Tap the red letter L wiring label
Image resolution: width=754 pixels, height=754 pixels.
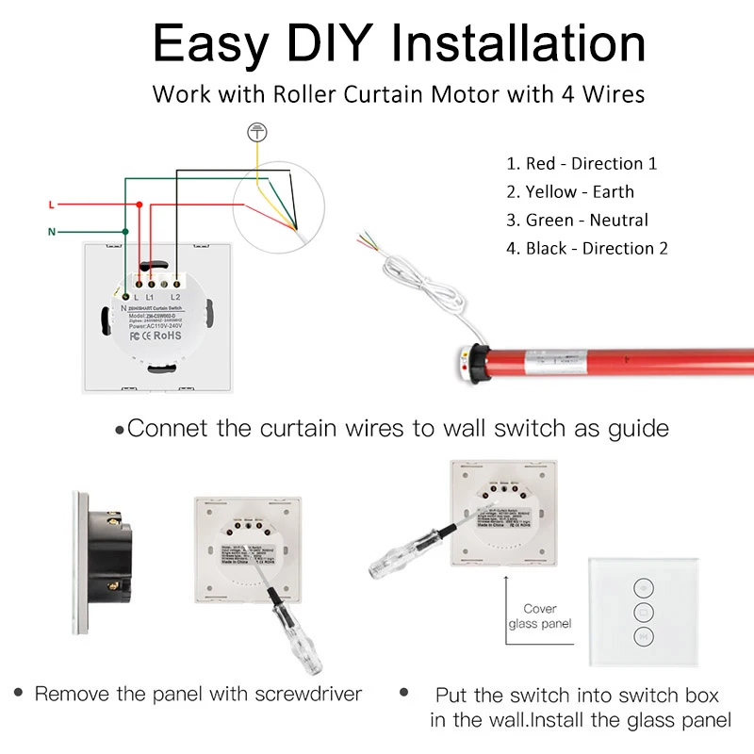[x=51, y=205]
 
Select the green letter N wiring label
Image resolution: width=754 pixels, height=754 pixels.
[x=51, y=232]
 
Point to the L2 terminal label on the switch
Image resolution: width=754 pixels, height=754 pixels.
[x=175, y=298]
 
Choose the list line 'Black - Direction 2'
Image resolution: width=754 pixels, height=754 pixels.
[x=587, y=249]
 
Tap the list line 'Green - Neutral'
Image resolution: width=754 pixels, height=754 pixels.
[x=578, y=220]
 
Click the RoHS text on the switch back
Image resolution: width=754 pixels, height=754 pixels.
[x=167, y=334]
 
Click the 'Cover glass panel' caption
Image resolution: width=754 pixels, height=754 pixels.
[x=540, y=616]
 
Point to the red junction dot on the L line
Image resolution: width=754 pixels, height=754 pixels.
[x=139, y=205]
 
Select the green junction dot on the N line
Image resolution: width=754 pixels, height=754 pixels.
[x=124, y=232]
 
